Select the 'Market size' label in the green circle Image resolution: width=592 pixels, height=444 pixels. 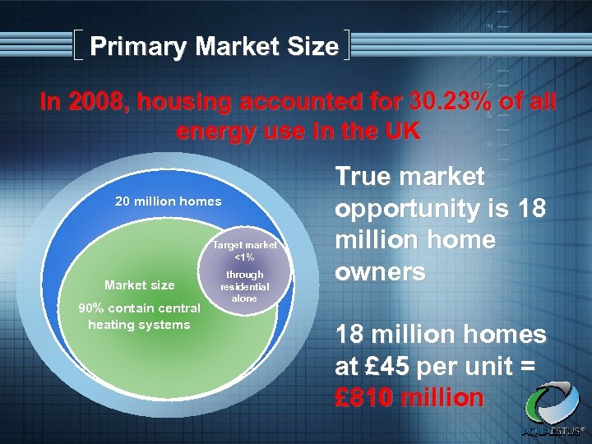(x=140, y=285)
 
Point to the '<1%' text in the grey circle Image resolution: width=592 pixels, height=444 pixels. (x=245, y=257)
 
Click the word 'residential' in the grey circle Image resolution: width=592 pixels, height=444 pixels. (x=245, y=287)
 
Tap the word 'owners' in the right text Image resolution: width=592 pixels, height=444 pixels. (x=380, y=271)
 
